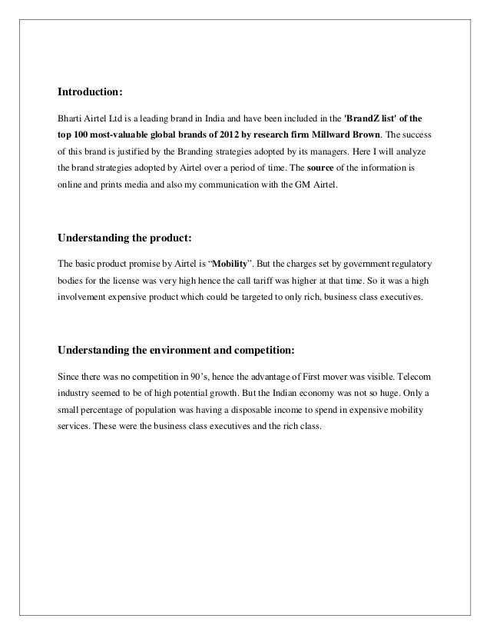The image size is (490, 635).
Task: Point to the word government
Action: click(x=356, y=262)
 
